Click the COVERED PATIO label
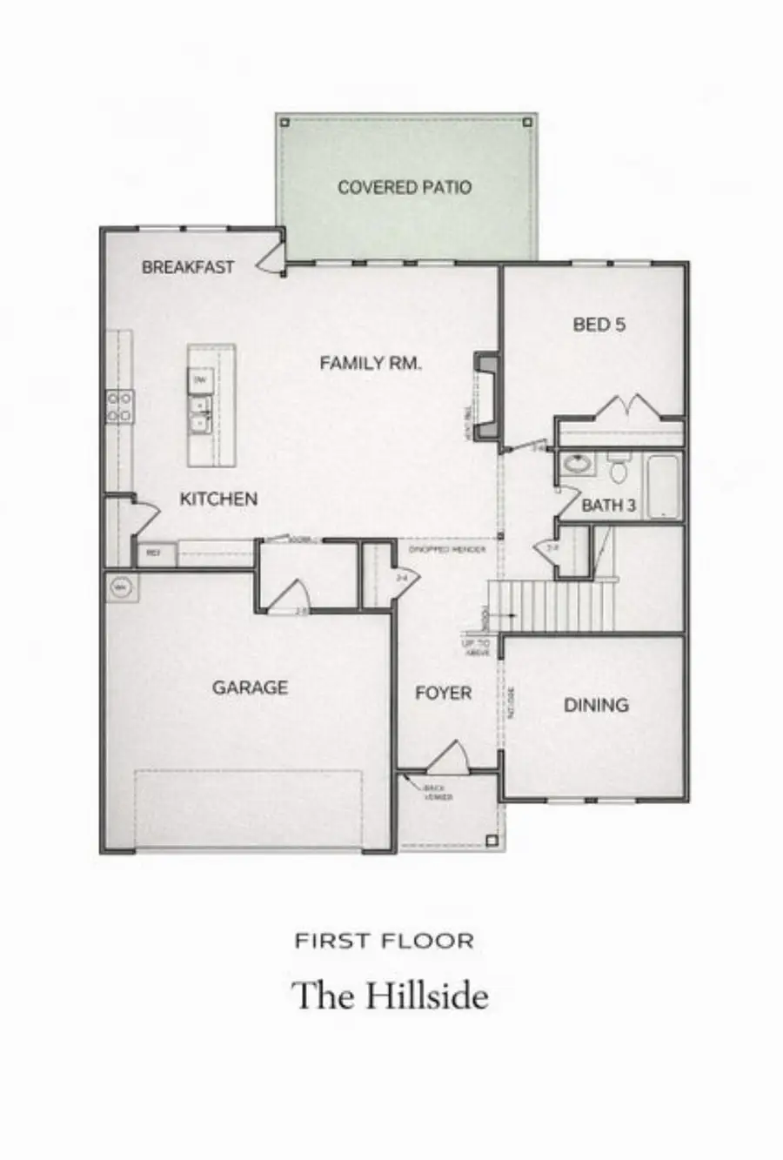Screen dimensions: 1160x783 click(404, 187)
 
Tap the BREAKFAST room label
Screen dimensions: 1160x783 click(188, 267)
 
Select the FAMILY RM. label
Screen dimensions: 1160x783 click(371, 364)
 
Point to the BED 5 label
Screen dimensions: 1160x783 click(599, 325)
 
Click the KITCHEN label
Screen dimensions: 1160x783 click(218, 499)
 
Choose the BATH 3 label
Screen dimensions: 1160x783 click(608, 506)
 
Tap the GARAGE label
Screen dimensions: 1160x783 click(250, 687)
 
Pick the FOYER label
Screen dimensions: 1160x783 click(444, 694)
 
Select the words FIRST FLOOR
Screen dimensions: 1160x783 click(384, 941)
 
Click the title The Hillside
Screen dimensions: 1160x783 click(390, 996)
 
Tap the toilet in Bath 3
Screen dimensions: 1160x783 click(619, 471)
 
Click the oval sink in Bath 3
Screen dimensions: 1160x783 click(575, 464)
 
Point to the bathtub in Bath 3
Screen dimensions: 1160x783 click(663, 487)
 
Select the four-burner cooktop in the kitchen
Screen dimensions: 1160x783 click(120, 406)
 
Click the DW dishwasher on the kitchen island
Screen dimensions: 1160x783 click(201, 381)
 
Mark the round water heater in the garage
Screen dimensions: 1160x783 click(120, 588)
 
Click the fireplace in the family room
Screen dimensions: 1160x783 click(487, 395)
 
